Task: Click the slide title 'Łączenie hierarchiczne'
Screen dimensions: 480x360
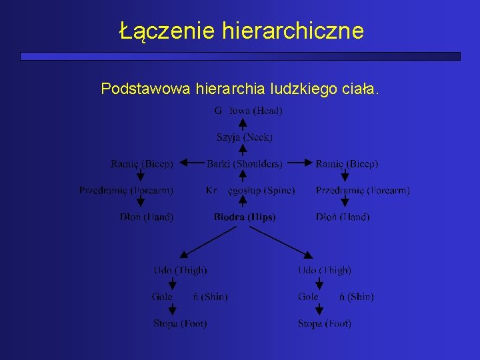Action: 241,31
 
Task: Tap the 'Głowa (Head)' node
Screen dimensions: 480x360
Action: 248,111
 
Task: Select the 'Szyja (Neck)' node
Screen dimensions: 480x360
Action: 245,137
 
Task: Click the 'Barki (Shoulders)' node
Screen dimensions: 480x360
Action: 244,163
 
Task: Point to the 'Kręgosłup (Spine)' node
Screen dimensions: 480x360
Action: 250,191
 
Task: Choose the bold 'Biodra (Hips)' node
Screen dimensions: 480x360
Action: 244,217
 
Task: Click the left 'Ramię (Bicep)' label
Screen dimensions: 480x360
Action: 141,163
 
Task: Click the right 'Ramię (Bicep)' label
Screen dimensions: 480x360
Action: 347,163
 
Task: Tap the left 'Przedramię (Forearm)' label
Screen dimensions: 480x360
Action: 126,191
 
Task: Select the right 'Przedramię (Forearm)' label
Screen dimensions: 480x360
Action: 363,191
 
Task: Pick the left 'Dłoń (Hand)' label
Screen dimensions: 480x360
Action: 147,217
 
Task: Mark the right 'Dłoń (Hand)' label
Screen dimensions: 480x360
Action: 343,217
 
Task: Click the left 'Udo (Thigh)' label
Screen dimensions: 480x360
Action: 180,270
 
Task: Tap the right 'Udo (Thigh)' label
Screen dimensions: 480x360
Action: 324,270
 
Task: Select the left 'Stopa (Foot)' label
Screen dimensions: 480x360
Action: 180,324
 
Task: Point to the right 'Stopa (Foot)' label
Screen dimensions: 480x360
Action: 324,324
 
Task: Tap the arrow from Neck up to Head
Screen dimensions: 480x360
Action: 243,124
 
